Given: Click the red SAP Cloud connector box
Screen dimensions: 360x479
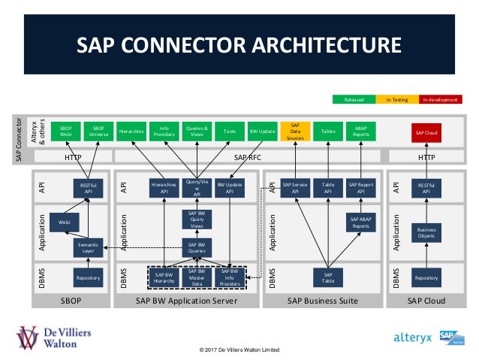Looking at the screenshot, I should pos(425,132).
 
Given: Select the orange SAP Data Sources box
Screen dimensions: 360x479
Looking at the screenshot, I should pos(295,132).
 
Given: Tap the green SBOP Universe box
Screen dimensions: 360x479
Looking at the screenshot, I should pos(98,132).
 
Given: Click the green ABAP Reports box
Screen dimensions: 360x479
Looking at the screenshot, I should pos(360,132).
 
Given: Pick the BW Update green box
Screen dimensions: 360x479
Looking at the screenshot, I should pos(262,132).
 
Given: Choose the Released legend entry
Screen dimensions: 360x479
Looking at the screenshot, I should pos(354,99).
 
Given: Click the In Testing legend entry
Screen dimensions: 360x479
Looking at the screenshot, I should pos(396,99).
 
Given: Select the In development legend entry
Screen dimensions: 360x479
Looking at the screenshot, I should pos(439,99).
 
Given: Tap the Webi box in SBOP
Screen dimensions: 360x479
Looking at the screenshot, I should pos(65,222).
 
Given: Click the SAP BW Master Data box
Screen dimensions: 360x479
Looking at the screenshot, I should pos(196,277).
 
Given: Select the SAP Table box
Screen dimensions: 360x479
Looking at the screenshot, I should pos(328,277).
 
